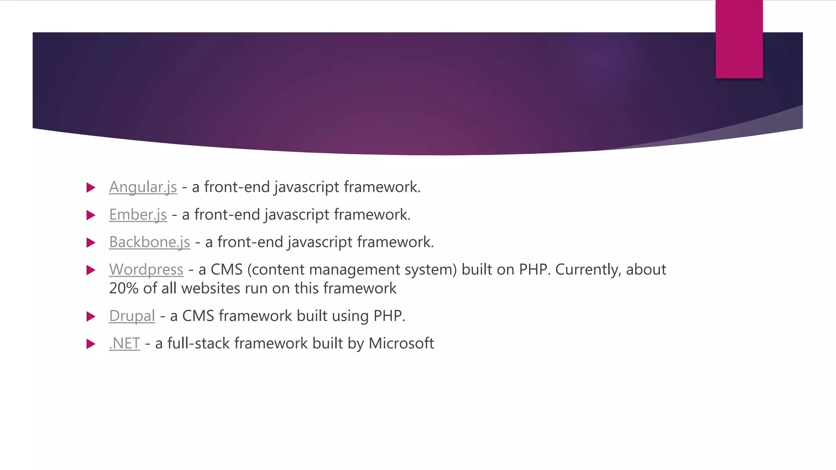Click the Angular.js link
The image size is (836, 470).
[143, 187]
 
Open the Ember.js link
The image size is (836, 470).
[138, 215]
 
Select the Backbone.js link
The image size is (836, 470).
[149, 242]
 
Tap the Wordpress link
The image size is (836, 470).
[146, 270]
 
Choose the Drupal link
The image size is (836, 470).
[132, 316]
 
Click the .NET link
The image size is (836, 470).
[125, 344]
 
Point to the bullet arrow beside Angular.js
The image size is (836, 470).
[91, 188]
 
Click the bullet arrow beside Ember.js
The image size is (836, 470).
[91, 215]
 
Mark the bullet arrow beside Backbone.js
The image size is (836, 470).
[91, 243]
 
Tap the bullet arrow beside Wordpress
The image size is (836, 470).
[91, 270]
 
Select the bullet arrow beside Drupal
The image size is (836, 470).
[91, 317]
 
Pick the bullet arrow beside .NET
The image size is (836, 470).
[91, 344]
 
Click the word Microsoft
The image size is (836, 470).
[401, 344]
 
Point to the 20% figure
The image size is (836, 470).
[124, 288]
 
